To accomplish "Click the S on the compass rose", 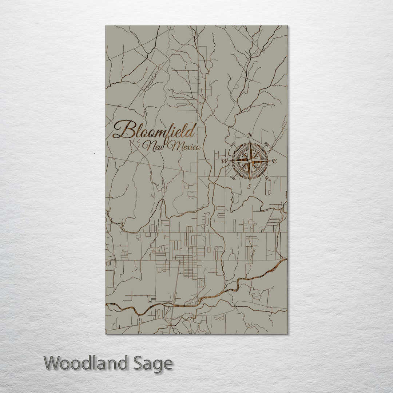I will (249, 186).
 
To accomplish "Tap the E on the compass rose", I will (275, 161).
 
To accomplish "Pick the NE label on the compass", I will (267, 144).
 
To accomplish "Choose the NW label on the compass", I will (233, 144).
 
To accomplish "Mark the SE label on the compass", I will (267, 178).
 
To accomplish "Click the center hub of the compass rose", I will (250, 160).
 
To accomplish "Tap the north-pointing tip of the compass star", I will (250, 140).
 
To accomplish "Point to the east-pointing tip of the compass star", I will (270, 160).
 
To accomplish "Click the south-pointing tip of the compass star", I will (250, 182).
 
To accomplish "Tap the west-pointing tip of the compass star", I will (229, 160).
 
